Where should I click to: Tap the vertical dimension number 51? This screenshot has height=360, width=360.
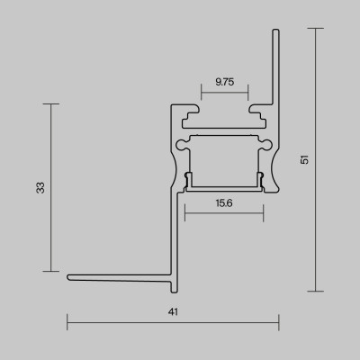(306, 159)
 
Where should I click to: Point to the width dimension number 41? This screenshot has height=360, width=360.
(172, 312)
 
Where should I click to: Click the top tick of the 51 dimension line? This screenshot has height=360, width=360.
(315, 28)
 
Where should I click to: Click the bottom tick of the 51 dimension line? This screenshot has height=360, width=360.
(315, 292)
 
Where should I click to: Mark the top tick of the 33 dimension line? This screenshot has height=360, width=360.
(51, 103)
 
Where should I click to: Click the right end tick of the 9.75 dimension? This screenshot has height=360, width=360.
(248, 92)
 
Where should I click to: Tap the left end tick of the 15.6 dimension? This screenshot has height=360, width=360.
(184, 214)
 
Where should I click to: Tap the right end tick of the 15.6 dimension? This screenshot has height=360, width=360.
(264, 214)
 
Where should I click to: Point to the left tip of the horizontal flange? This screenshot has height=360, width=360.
(68, 276)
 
